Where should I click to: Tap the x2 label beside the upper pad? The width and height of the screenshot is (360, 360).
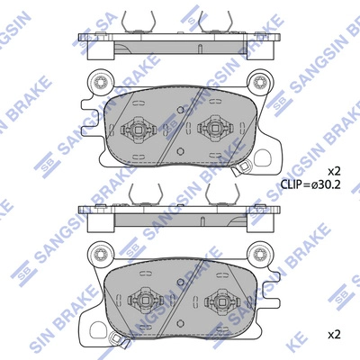(334, 170)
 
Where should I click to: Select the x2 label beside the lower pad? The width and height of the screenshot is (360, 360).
(334, 334)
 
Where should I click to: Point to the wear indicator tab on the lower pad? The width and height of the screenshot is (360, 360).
(116, 338)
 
